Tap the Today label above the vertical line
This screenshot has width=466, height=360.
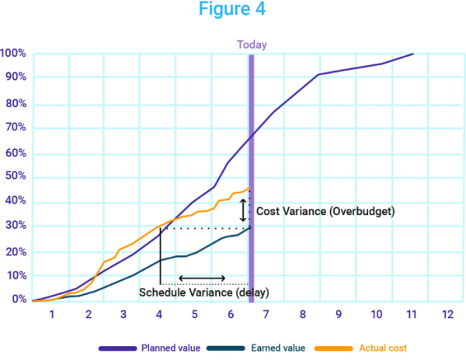[x=252, y=44]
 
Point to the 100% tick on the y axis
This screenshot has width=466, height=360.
[x=13, y=54]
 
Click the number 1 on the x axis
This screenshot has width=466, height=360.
[x=52, y=314]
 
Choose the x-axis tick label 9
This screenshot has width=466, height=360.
[x=339, y=314]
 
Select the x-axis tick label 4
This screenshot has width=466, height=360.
[x=159, y=314]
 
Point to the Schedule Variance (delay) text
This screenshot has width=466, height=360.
[x=203, y=292]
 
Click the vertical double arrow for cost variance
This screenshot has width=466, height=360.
[x=243, y=210]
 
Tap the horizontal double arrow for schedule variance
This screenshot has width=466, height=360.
[x=203, y=279]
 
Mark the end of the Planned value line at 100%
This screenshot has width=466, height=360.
[x=413, y=54]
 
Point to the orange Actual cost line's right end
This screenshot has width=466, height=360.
[x=249, y=189]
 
